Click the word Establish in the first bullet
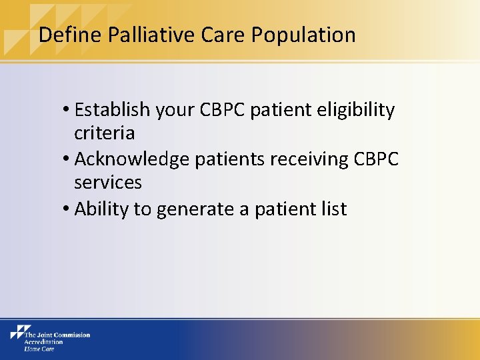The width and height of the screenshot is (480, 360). point(113,110)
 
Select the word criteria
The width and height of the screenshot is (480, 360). point(104,133)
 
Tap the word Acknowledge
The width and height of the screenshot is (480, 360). point(132,159)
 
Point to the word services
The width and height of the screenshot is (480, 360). point(108,183)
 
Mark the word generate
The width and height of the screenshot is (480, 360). point(193,209)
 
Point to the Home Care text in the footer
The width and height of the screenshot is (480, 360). point(40,349)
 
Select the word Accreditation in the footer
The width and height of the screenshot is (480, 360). point(43,342)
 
